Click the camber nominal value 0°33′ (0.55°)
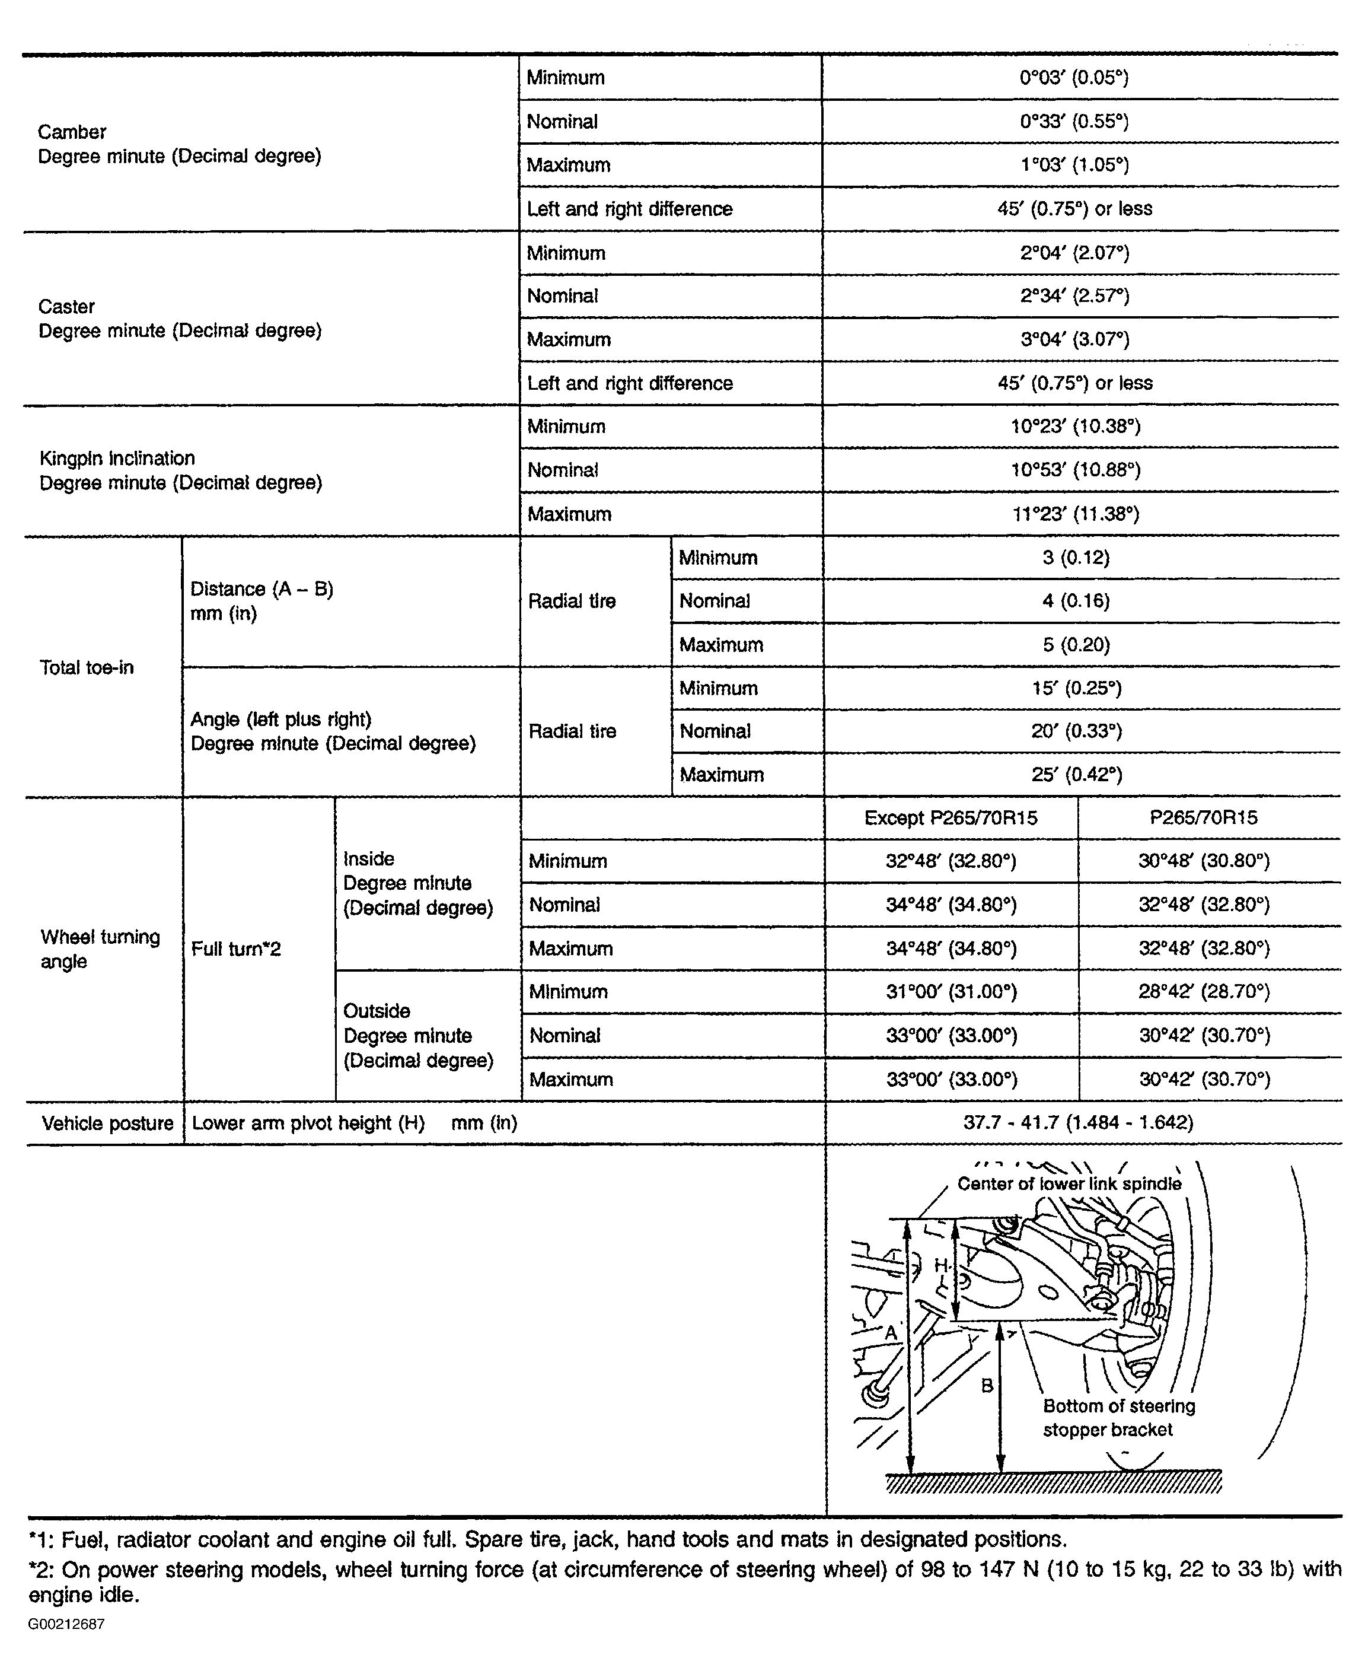(x=1074, y=121)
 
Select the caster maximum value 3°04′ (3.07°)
(x=1074, y=340)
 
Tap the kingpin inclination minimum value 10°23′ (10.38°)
(x=1075, y=427)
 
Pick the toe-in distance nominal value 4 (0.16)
(x=1076, y=601)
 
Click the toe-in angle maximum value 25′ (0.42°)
(x=1076, y=775)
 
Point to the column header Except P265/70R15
(x=951, y=818)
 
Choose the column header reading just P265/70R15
(x=1203, y=818)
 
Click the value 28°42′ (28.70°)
(x=1204, y=992)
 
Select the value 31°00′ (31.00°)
(x=952, y=992)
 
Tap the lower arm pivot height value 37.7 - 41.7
(x=1078, y=1122)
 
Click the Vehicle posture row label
(x=107, y=1124)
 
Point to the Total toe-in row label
(x=87, y=668)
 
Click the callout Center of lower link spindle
(x=1069, y=1184)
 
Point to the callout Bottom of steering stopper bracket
(x=1118, y=1418)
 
